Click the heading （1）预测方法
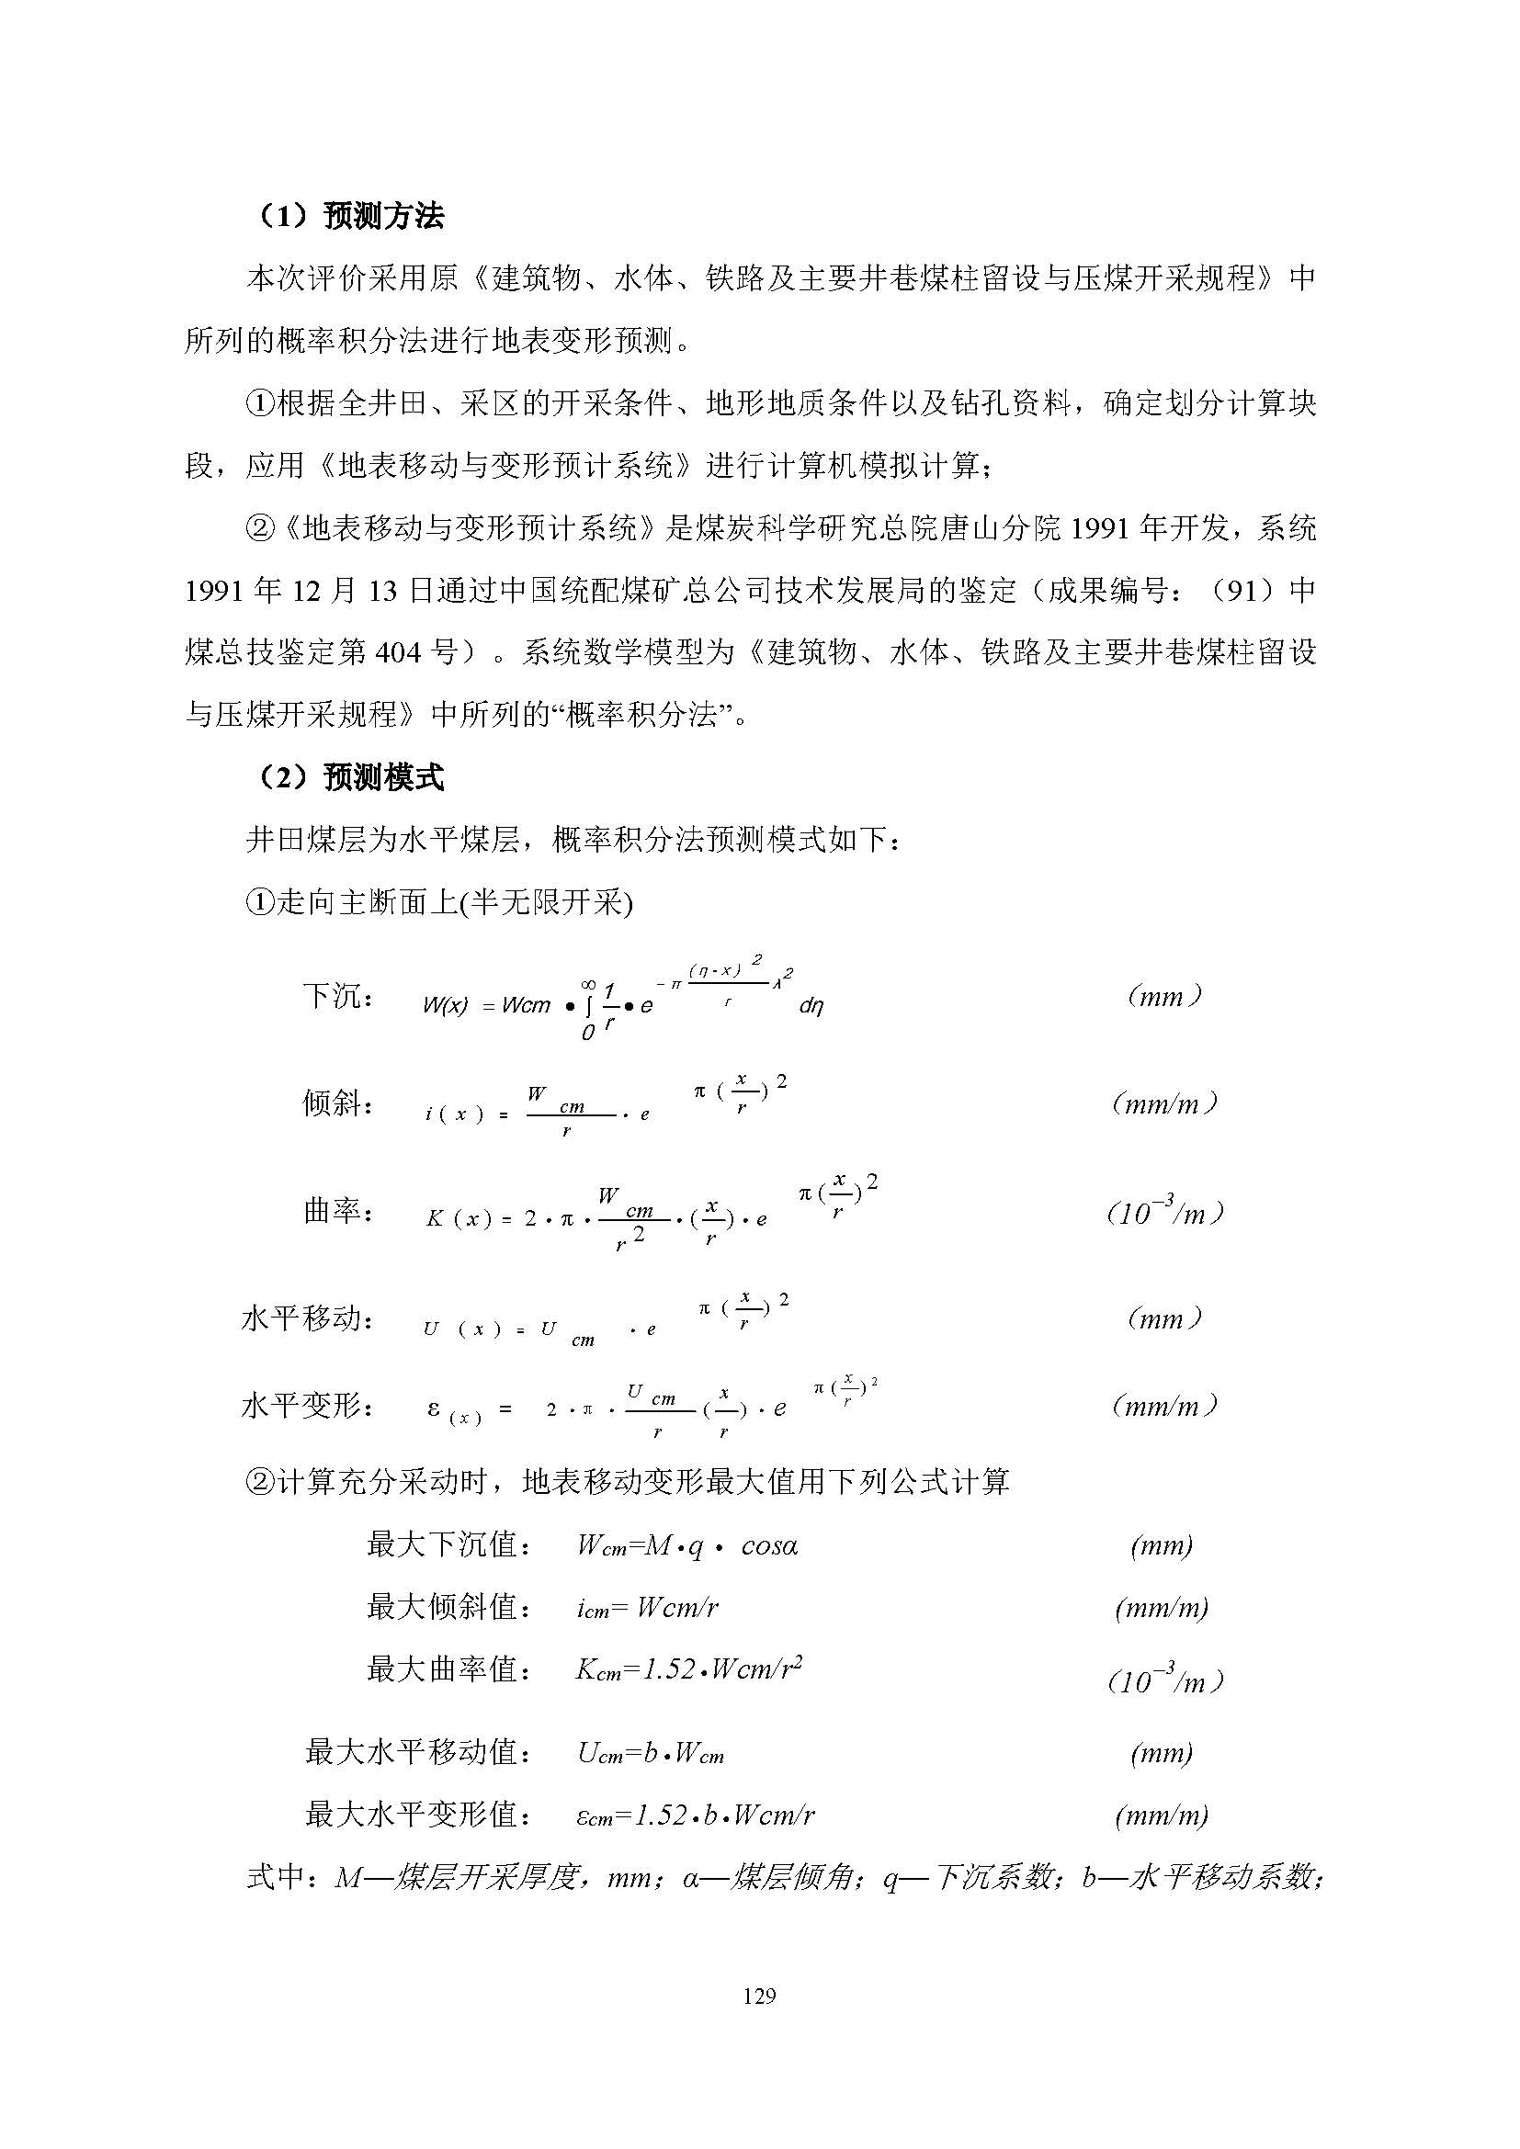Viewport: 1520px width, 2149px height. tap(348, 217)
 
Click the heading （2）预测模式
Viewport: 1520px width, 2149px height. tap(348, 778)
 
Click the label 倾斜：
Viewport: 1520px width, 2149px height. tap(338, 1104)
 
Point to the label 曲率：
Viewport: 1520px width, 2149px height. tap(338, 1212)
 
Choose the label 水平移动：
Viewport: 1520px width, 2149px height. tap(308, 1319)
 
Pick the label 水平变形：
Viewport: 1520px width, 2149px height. tap(308, 1406)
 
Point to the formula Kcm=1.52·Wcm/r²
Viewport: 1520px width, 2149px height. tap(689, 1668)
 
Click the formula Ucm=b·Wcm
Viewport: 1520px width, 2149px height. tap(651, 1753)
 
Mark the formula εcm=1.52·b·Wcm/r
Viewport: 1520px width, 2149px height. tap(696, 1815)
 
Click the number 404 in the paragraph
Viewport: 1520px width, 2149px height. tap(400, 652)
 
